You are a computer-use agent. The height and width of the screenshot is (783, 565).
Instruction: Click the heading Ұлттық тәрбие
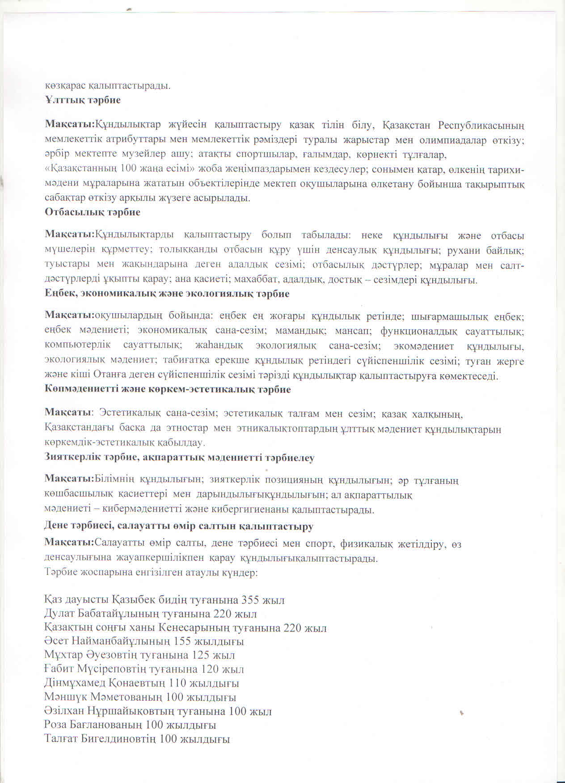(83, 100)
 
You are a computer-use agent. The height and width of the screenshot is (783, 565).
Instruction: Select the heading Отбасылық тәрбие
(93, 212)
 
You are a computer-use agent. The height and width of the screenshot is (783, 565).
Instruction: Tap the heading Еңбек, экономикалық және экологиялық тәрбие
(167, 294)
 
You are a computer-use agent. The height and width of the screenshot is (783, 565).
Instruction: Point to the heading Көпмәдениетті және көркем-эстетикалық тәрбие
(168, 389)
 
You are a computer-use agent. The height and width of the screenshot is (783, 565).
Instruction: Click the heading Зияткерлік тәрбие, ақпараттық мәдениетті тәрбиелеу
(179, 458)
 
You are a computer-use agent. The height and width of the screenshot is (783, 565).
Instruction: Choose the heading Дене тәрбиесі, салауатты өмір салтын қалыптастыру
(179, 526)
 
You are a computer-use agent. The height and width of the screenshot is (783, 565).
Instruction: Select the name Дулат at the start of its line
(59, 614)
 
